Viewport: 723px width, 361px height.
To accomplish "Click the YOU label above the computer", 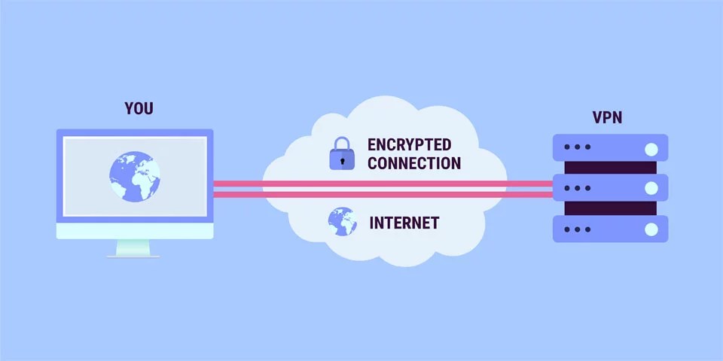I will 139,108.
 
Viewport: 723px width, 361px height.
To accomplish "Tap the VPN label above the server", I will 607,117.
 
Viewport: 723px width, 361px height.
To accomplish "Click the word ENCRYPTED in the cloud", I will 409,144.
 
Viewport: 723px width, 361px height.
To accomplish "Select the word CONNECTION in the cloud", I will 413,162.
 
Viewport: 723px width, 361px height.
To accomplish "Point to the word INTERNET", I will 404,223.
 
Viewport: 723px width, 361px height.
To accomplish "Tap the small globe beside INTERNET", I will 341,221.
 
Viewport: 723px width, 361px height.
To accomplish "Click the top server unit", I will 610,147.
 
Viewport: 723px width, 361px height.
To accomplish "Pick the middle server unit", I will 610,187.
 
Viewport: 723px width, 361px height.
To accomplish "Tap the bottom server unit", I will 610,228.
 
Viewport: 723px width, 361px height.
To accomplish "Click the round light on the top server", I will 651,147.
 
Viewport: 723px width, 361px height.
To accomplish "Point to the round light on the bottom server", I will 651,229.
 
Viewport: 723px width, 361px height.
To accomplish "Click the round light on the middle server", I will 651,188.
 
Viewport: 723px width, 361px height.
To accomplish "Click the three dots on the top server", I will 577,147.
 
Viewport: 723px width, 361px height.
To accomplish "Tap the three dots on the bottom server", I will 577,229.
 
